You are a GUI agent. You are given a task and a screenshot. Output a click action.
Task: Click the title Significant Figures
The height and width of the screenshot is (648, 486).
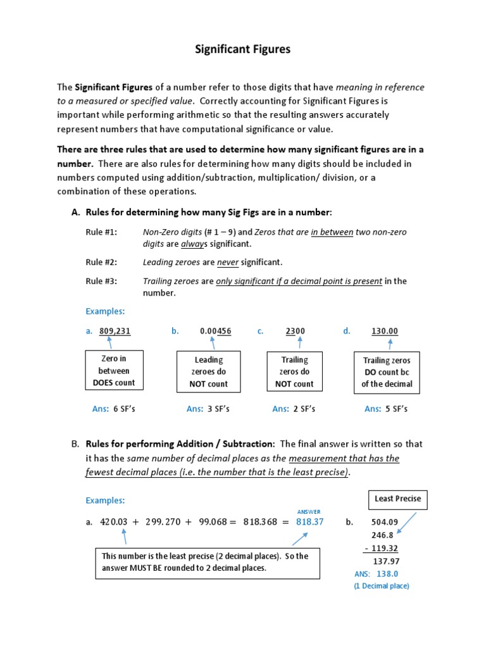point(242,49)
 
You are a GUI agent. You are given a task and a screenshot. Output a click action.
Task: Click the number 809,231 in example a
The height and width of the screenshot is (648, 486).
point(115,331)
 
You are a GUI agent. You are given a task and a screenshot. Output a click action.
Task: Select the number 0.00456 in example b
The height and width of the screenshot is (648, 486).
point(215,331)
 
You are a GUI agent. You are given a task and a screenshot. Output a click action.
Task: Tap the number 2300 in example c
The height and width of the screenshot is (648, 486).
point(295,331)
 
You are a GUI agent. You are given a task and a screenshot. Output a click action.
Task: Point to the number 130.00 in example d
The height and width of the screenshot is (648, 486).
point(385,331)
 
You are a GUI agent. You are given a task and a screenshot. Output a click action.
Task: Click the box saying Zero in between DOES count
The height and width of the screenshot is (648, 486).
point(115,371)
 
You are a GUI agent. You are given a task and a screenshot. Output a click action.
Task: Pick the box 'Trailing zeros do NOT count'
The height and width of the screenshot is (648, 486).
point(294,371)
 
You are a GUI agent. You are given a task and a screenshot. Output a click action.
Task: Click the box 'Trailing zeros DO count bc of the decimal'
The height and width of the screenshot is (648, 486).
point(387,372)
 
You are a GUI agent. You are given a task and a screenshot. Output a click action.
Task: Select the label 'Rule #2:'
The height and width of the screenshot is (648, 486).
point(101,262)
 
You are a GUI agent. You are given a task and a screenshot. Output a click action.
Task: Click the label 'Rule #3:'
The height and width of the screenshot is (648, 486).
point(101,281)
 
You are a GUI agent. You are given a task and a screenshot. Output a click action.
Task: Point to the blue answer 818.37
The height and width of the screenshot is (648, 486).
point(310,522)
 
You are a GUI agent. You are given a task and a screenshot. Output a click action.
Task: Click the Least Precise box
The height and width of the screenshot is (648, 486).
point(397,499)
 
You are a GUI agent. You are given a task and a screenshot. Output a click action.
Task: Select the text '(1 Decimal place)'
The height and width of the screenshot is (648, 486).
point(381,586)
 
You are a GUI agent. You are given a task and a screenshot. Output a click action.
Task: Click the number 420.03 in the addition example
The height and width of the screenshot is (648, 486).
point(114,522)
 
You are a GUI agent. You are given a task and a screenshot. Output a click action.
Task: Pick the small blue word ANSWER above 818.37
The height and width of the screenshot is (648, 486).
point(309,511)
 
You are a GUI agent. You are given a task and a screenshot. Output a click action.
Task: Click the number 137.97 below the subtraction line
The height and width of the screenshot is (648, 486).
point(386,561)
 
